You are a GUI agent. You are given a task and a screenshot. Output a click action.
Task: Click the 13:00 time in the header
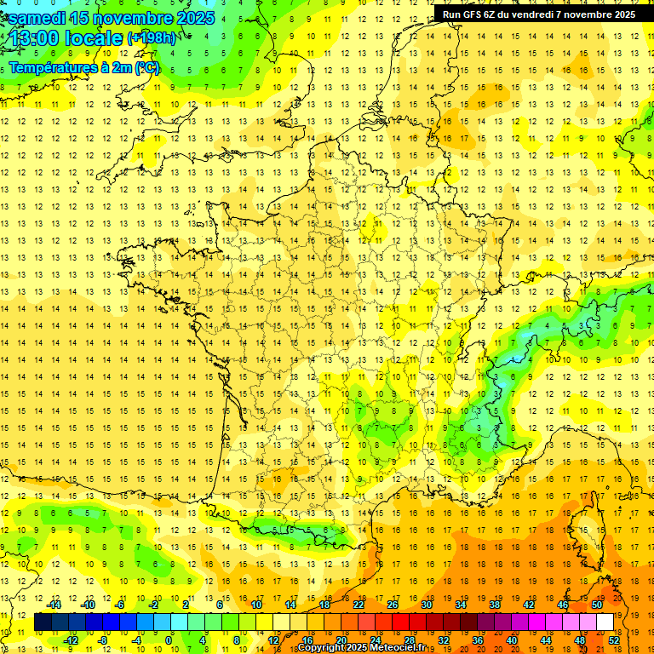(33, 38)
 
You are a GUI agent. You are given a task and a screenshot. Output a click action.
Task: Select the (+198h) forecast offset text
(152, 38)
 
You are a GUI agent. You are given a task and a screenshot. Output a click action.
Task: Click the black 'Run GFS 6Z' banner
(536, 14)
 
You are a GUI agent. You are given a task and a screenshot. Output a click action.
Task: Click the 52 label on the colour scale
(614, 640)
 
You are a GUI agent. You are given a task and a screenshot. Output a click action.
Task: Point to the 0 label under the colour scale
(169, 640)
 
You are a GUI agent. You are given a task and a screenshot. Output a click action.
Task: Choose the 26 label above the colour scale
(393, 605)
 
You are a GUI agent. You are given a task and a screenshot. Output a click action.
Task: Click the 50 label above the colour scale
(596, 605)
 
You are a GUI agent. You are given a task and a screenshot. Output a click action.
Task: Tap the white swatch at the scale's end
(605, 622)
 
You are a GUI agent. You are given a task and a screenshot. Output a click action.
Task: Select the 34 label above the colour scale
(461, 605)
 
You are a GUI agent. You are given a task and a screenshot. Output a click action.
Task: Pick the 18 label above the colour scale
(324, 605)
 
